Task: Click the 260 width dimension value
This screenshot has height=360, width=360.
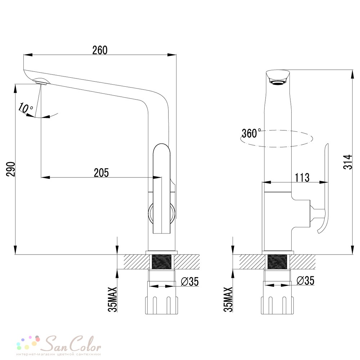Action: pyautogui.click(x=100, y=50)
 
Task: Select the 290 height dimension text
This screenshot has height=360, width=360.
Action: pyautogui.click(x=10, y=169)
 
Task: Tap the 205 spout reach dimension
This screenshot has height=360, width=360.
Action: pyautogui.click(x=101, y=173)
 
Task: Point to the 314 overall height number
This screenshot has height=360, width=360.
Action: pyautogui.click(x=348, y=162)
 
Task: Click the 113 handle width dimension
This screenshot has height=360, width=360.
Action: pyautogui.click(x=302, y=177)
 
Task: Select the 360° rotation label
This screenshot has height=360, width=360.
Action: pyautogui.click(x=251, y=133)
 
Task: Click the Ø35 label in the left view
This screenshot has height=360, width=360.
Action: pyautogui.click(x=190, y=282)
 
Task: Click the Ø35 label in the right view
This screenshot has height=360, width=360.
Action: pyautogui.click(x=305, y=280)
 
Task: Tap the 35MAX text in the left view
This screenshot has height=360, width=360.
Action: pyautogui.click(x=112, y=299)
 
